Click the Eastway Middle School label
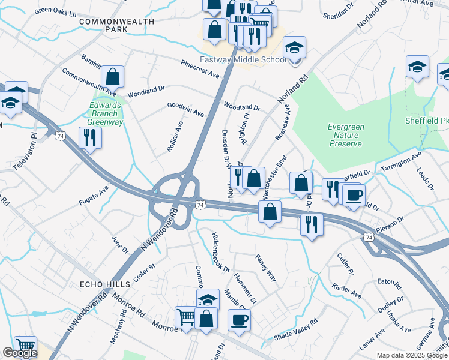[x=243, y=60]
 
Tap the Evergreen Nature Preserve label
[x=345, y=135]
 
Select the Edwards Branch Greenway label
[x=105, y=113]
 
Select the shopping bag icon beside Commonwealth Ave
[x=112, y=77]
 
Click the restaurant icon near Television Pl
[x=90, y=137]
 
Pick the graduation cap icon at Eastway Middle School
[x=294, y=47]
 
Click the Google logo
[x=20, y=353]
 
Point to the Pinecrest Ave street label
[x=200, y=68]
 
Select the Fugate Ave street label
[x=94, y=196]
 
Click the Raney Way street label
[x=266, y=268]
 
